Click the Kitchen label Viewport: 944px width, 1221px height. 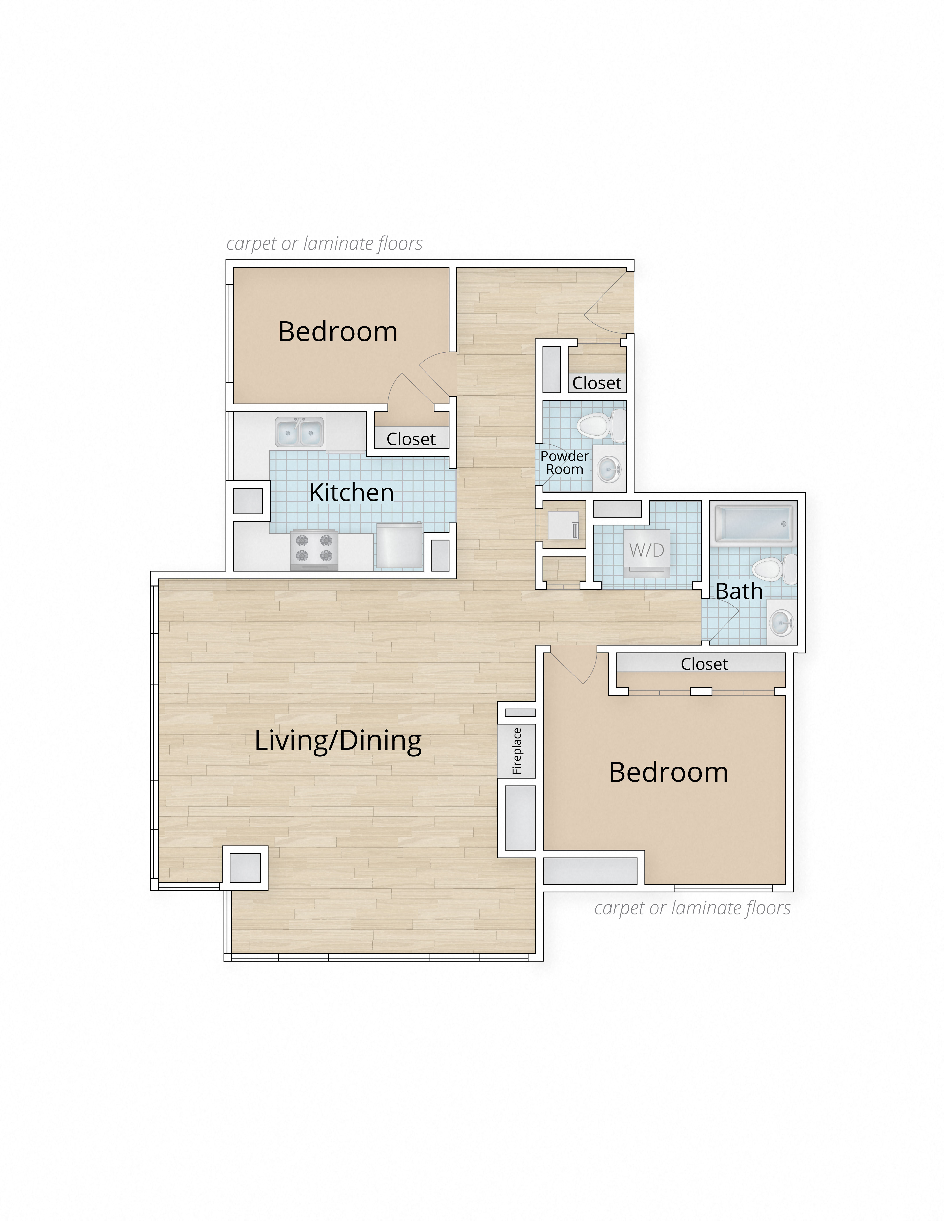click(351, 492)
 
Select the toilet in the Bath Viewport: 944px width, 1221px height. click(775, 569)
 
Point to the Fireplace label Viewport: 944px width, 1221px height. click(517, 751)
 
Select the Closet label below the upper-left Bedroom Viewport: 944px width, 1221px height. click(411, 439)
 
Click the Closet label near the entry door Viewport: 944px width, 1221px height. click(597, 383)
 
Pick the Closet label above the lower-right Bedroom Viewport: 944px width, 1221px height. click(704, 664)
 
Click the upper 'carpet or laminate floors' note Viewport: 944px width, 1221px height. click(324, 244)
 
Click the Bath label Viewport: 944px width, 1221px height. click(739, 591)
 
